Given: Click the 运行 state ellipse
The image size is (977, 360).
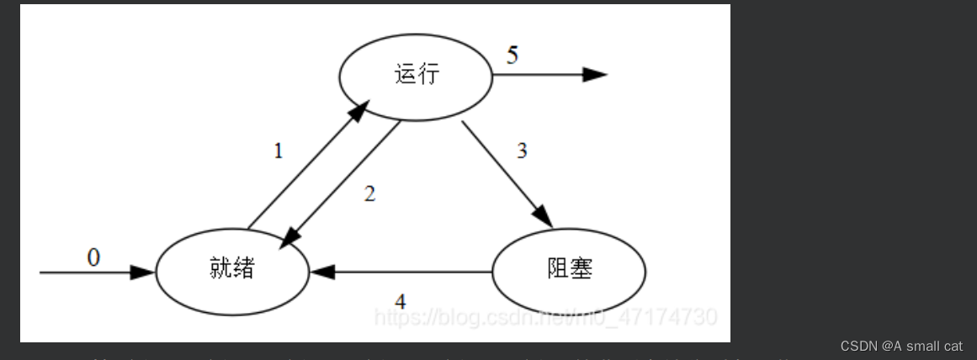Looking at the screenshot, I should [416, 75].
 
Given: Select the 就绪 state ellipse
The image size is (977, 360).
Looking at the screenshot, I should [231, 270].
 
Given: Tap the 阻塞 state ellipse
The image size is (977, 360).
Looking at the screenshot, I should [569, 271].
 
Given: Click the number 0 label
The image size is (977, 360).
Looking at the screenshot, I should [93, 257].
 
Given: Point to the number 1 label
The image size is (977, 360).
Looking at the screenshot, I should [279, 151].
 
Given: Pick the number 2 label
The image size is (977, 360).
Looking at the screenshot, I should [369, 193].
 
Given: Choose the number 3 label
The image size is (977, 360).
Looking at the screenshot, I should [522, 151].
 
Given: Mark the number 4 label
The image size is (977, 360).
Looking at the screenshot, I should [401, 300].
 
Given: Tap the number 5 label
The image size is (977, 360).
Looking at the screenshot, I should [512, 56].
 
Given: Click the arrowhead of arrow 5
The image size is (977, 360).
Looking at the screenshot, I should [596, 75].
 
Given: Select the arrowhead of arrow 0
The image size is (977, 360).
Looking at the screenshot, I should [144, 272].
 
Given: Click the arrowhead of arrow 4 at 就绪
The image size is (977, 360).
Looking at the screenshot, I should [321, 272].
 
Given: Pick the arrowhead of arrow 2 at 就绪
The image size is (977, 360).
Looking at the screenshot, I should [287, 236].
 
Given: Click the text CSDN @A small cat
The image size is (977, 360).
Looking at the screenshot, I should [901, 346].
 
